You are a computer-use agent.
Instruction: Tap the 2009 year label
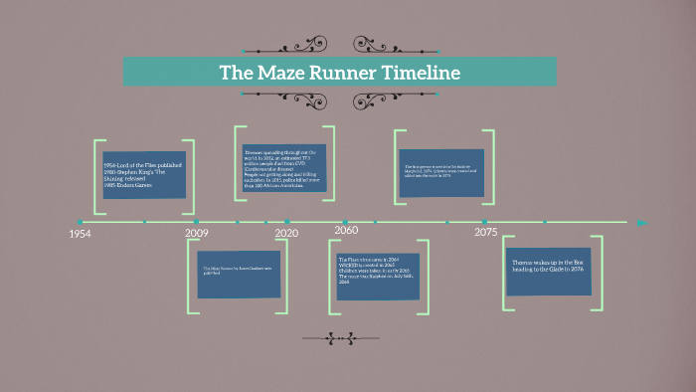pos(197,233)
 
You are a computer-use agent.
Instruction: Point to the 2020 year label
pos(286,233)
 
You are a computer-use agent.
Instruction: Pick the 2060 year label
pos(346,231)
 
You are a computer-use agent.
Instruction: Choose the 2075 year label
pos(485,233)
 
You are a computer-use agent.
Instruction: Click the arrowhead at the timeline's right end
pos(641,222)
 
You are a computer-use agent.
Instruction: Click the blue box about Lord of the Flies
pos(144,174)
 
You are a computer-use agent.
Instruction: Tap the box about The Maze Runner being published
pos(239,275)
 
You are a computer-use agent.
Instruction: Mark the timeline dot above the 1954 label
pos(80,222)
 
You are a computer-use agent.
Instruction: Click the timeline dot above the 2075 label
pos(484,222)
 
